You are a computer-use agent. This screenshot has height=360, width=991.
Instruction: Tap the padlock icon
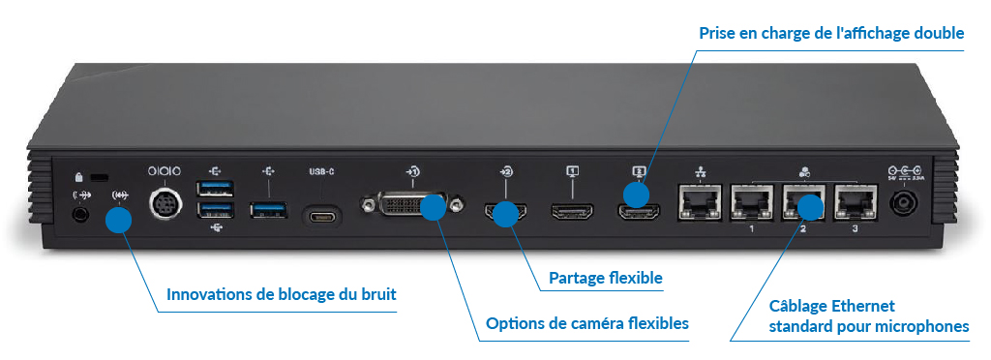(79, 177)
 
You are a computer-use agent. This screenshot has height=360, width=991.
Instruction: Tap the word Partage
(577, 279)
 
